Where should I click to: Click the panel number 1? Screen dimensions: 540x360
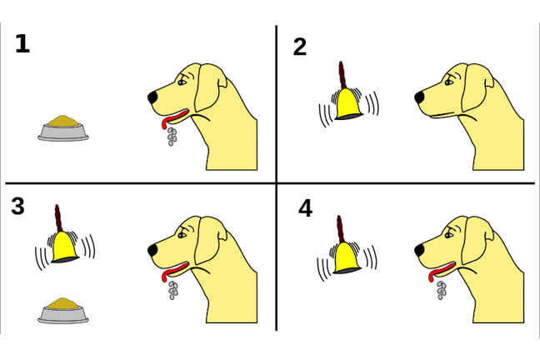point(22,44)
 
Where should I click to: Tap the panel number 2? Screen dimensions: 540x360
point(300,47)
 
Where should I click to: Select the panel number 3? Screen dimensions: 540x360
point(17,206)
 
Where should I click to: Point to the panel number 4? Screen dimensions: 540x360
point(305,208)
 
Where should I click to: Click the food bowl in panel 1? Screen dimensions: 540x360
point(63,128)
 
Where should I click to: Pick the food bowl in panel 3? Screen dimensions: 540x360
point(63,311)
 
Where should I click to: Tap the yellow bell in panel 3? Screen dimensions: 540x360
point(65,247)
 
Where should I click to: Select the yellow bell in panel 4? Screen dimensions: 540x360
point(347,257)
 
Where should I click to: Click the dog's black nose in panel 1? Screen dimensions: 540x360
point(152,97)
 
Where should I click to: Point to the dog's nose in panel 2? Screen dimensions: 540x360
point(419,97)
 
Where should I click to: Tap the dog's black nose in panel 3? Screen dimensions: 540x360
point(152,251)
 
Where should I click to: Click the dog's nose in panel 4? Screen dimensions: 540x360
point(419,251)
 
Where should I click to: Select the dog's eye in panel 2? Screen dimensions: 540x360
point(448,82)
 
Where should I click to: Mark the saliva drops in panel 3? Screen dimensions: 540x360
point(172,290)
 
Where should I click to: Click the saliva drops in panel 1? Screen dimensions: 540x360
point(172,137)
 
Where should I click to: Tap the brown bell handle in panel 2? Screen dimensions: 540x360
point(342,76)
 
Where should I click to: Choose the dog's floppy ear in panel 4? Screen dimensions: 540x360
point(477,241)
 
